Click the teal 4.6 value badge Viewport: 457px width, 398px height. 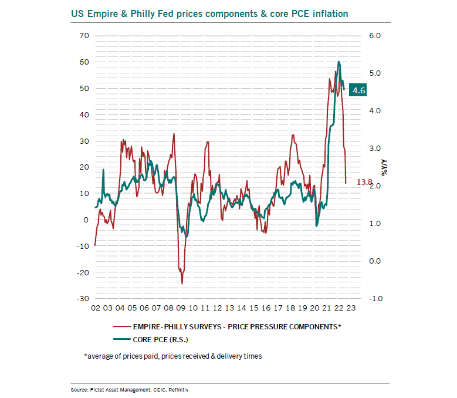tap(358, 90)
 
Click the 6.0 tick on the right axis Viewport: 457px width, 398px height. tap(358, 36)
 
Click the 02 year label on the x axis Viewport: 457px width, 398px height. tap(95, 308)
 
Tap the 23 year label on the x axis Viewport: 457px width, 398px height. tap(350, 308)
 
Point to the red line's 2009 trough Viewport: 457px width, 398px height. tap(182, 284)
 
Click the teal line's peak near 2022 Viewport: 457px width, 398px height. tap(339, 62)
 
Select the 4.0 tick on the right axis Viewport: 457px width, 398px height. tap(358, 111)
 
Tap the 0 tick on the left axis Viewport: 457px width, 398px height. tap(86, 220)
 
